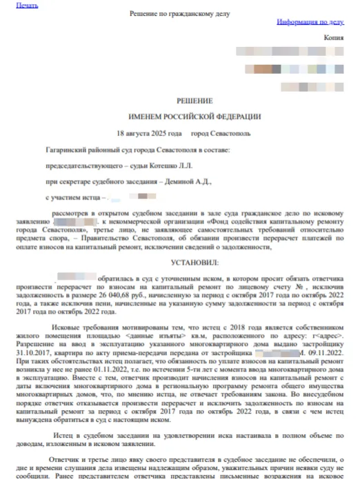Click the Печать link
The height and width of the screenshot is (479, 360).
point(27,6)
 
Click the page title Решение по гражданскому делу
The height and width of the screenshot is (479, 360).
point(179,14)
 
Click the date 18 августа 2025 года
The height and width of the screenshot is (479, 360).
point(150,133)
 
